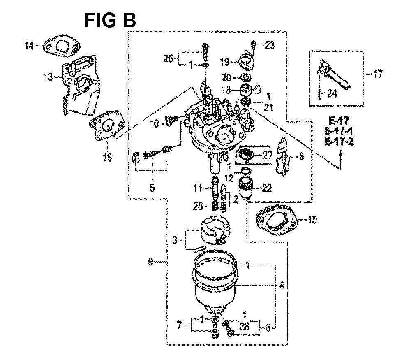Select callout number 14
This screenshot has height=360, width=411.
tap(29, 46)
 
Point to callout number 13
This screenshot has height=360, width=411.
tap(48, 77)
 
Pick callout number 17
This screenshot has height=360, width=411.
tap(377, 74)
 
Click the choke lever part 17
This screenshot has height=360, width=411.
tap(333, 74)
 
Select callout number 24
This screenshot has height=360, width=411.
tap(332, 93)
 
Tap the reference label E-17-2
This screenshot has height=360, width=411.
tap(339, 141)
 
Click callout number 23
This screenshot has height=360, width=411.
tap(270, 45)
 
